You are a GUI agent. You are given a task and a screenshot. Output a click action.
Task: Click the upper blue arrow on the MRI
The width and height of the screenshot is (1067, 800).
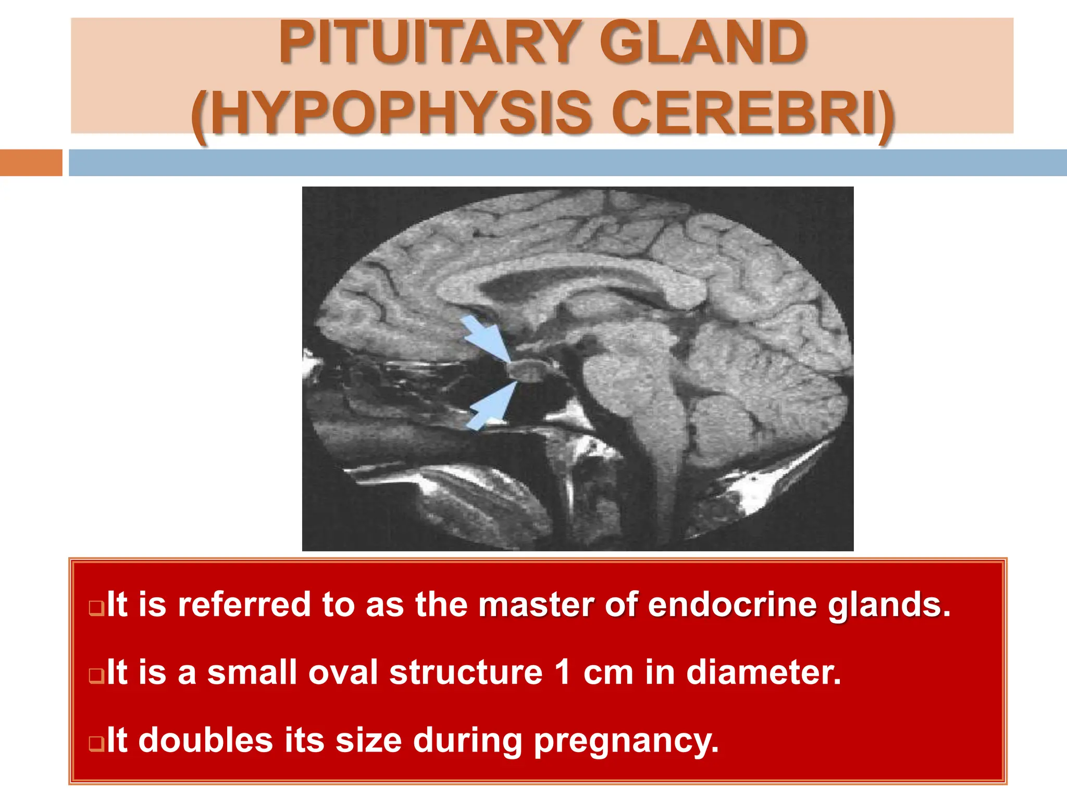(x=485, y=337)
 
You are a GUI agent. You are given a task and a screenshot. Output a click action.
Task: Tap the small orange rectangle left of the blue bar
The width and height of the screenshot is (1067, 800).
(x=31, y=162)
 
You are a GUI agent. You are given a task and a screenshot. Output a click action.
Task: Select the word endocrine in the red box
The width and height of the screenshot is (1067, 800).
(x=733, y=605)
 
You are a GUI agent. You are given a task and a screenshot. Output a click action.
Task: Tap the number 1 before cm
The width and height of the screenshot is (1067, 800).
(x=562, y=672)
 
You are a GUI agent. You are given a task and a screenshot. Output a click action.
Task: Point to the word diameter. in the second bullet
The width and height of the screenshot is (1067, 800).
(x=763, y=672)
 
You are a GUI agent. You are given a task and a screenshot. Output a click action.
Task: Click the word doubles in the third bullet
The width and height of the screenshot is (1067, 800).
(x=206, y=740)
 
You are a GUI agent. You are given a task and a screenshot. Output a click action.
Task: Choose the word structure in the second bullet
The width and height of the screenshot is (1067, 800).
(x=466, y=672)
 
